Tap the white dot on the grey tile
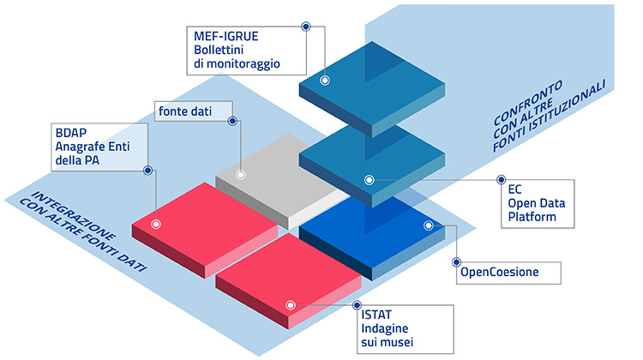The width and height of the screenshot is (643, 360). [240, 175]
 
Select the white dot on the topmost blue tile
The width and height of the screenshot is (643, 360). [325, 80]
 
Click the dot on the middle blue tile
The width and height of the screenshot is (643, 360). [370, 180]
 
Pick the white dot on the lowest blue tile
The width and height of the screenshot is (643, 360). [427, 225]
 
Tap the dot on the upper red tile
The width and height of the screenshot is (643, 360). [156, 224]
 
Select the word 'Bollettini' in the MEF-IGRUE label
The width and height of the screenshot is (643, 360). [221, 49]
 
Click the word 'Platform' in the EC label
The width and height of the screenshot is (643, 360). [533, 217]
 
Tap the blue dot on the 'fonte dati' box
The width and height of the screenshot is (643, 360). [232, 121]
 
